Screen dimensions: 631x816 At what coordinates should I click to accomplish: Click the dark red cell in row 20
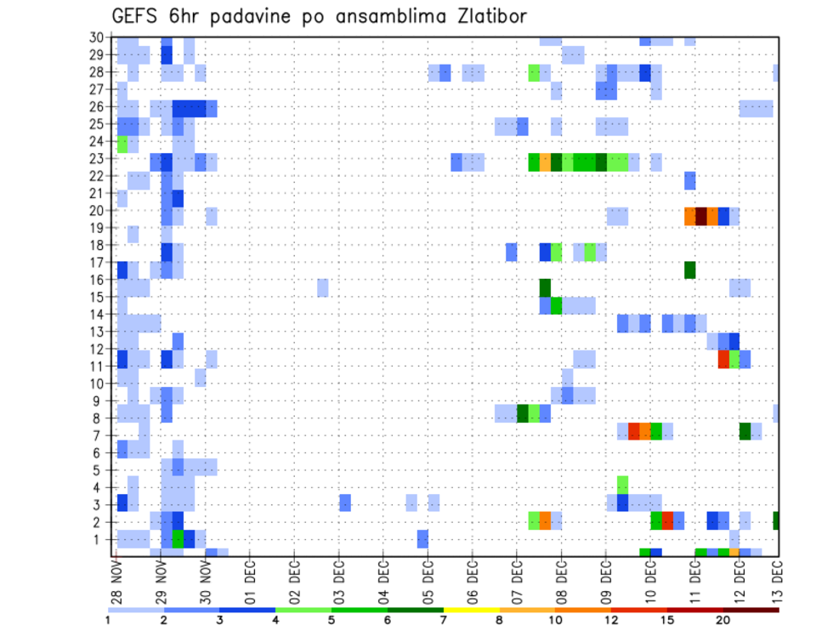(701, 216)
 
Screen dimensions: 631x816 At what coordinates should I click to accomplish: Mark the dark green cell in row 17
(690, 270)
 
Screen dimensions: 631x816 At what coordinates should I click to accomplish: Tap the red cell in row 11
(723, 359)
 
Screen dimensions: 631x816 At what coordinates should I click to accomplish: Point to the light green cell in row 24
(122, 144)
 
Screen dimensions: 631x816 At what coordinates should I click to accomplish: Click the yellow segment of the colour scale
(471, 610)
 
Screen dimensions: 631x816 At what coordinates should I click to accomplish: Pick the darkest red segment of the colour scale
(751, 610)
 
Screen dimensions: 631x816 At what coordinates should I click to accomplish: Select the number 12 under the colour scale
(611, 621)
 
